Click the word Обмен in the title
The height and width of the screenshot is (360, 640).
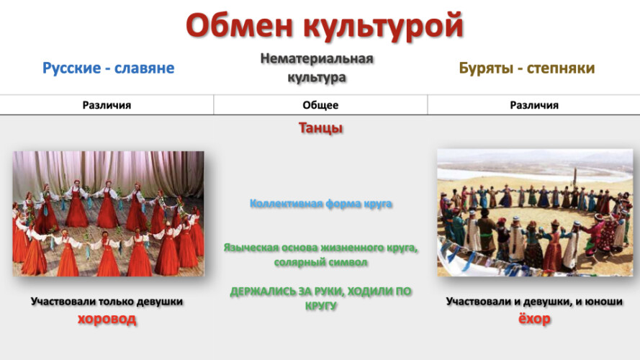(x=240, y=25)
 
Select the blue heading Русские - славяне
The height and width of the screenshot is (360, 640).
(x=109, y=68)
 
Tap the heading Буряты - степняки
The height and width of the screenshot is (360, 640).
(x=527, y=68)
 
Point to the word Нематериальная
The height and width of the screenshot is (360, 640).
(x=317, y=59)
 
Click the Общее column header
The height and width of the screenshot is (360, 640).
(x=320, y=105)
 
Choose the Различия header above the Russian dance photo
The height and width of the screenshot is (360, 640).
(x=107, y=105)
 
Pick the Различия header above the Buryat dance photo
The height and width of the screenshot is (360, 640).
(x=534, y=105)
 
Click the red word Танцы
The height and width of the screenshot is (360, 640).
(x=320, y=127)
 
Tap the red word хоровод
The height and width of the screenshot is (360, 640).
(x=107, y=319)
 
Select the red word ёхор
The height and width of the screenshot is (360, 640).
(x=534, y=318)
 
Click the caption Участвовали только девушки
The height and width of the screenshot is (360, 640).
(x=107, y=302)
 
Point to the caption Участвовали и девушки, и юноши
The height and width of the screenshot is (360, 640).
(x=534, y=302)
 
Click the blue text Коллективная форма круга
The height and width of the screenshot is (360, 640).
(x=321, y=203)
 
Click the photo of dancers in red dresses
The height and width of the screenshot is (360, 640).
(x=109, y=213)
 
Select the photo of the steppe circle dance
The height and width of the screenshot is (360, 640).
(x=535, y=212)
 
